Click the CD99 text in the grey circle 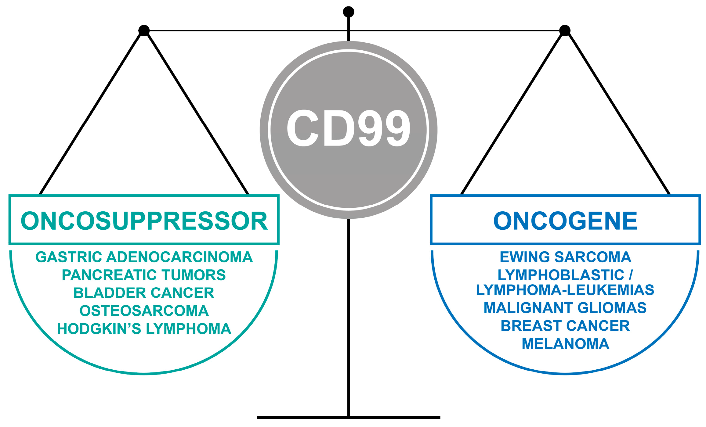(348, 128)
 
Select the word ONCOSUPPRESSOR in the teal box (144, 221)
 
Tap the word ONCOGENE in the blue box (565, 221)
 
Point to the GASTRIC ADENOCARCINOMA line (144, 257)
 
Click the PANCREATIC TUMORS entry (144, 275)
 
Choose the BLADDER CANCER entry (144, 293)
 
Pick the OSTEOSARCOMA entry (144, 311)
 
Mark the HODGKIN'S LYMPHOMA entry (144, 329)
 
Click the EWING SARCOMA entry (565, 257)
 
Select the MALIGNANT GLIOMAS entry (565, 308)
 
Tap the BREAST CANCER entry (565, 326)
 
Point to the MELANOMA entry (565, 344)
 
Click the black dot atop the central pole (349, 12)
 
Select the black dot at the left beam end (144, 30)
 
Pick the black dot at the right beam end (565, 30)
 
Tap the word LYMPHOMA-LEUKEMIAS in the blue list (565, 290)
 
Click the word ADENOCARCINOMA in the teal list (179, 257)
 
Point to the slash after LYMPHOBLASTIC (631, 275)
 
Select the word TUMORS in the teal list (194, 275)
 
